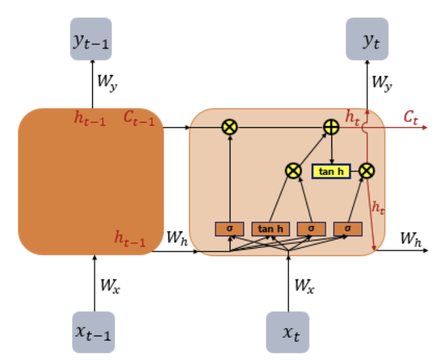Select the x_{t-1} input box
(x=93, y=332)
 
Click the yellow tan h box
(x=331, y=171)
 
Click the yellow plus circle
(x=331, y=126)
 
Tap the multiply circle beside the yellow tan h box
(x=367, y=171)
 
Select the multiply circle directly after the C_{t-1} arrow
(x=229, y=126)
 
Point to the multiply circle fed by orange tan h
(x=292, y=171)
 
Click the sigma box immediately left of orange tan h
(x=230, y=228)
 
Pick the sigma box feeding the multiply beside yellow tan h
(x=348, y=228)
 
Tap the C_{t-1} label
(x=139, y=118)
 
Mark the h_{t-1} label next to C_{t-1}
(x=90, y=118)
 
